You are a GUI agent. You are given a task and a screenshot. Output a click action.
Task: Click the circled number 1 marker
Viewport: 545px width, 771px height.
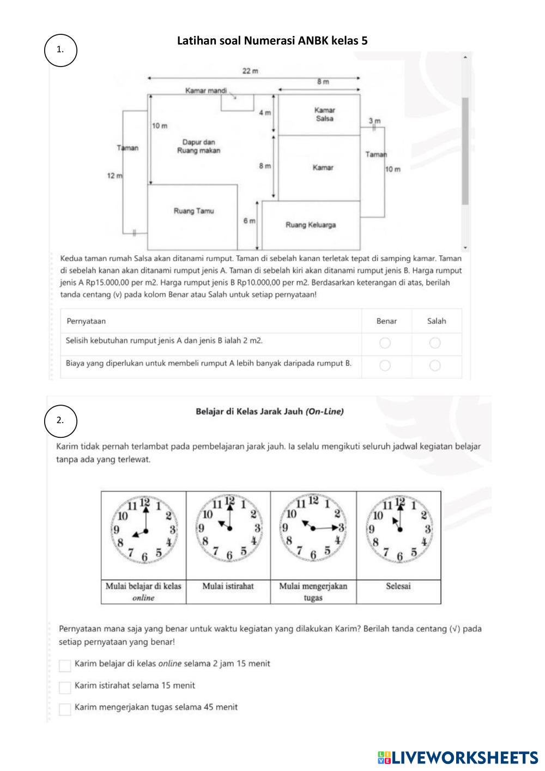[60, 50]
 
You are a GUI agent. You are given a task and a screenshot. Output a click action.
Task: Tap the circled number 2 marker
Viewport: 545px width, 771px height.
[60, 420]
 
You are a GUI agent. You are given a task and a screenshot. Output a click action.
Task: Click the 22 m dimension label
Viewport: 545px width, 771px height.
[250, 71]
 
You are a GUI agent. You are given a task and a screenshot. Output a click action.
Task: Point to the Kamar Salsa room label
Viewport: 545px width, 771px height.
[324, 114]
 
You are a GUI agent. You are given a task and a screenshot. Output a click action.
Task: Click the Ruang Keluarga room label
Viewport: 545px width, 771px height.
[311, 225]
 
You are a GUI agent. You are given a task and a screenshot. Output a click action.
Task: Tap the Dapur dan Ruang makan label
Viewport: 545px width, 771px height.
[198, 146]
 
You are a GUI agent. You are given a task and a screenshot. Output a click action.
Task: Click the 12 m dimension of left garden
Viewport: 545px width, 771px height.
[114, 176]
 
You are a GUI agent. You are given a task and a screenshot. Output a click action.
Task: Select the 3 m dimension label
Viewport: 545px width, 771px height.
[374, 121]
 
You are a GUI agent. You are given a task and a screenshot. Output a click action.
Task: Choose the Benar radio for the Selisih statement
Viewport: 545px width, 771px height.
[385, 343]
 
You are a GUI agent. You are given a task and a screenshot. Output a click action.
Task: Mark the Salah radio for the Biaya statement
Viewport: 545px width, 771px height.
[435, 365]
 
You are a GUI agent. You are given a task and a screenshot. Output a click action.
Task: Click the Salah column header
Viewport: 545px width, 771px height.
[436, 321]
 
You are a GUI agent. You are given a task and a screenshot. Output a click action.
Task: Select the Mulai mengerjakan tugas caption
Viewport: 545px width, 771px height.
[313, 592]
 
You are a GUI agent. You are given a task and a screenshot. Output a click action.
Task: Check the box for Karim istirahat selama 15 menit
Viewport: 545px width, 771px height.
[65, 687]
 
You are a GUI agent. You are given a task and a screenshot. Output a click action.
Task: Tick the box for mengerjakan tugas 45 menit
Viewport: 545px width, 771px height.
[65, 709]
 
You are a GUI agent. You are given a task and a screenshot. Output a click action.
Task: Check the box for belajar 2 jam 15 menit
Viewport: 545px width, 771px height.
[65, 665]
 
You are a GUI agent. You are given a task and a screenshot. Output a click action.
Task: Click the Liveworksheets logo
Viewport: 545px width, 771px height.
[457, 757]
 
